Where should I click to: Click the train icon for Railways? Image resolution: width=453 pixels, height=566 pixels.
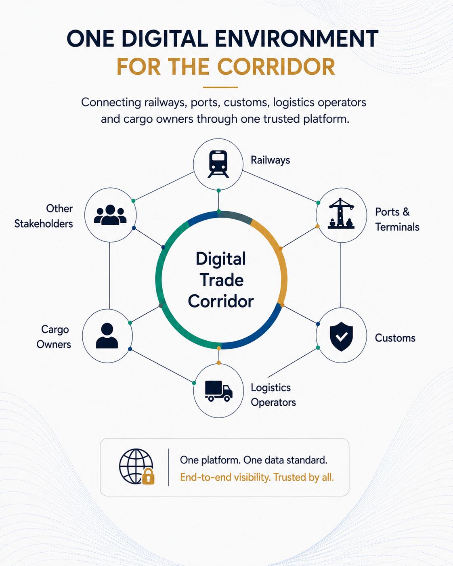coord(218,164)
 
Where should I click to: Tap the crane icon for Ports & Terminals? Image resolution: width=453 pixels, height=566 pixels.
coord(341,213)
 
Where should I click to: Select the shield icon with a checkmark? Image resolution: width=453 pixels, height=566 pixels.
coord(341,336)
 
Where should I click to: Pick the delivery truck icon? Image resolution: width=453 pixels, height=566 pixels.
coord(218,391)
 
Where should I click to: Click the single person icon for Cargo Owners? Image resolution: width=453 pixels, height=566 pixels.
coord(107,336)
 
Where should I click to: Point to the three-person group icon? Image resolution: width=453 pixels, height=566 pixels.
coord(110,215)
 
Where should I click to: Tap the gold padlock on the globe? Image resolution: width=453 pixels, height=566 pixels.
coord(148,476)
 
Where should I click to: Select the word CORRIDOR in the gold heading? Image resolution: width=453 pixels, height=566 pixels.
coord(276,66)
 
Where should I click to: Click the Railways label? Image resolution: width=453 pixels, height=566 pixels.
coord(271,160)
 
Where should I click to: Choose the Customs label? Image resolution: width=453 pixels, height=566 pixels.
coord(395,338)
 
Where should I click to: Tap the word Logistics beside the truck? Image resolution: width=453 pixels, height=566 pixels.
coord(271,388)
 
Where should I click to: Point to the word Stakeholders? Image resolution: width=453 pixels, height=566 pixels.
coord(44,224)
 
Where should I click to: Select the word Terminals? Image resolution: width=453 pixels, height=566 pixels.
coord(397,227)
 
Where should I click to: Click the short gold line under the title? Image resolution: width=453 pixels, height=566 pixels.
coord(220,87)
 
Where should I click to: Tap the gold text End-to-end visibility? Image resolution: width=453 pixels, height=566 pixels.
coord(225,477)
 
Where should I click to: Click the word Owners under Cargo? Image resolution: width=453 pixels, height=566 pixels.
coord(54,344)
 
